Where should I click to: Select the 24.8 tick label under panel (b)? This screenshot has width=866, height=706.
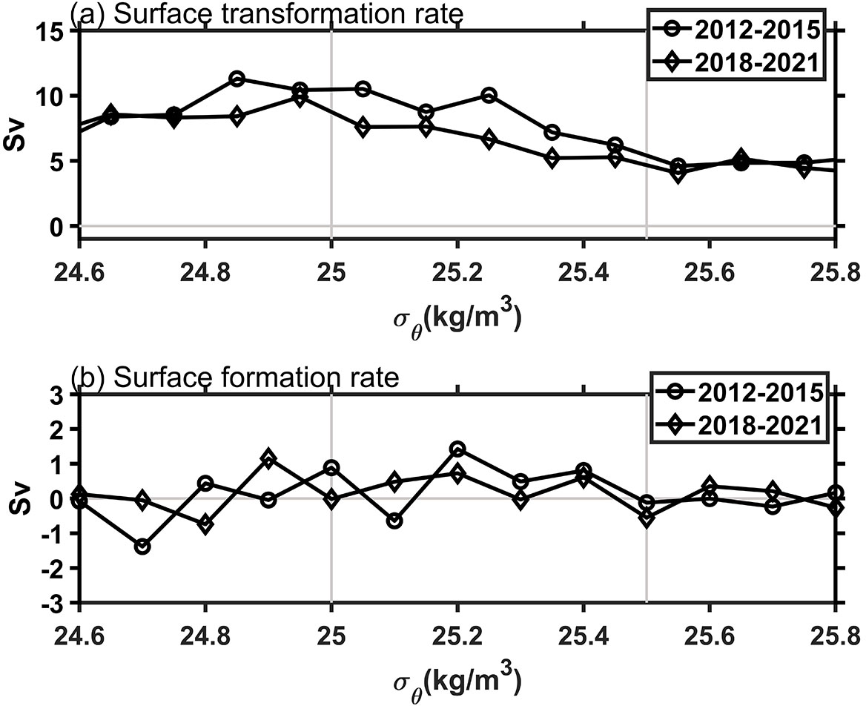coord(205,628)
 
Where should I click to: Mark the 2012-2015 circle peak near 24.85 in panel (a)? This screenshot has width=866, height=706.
coord(237,79)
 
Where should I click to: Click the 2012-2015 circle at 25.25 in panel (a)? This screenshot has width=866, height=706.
coord(489,95)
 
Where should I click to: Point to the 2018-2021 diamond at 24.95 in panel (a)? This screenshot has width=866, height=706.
coord(300,98)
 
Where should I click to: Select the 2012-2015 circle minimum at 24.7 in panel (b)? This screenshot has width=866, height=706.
coord(142,547)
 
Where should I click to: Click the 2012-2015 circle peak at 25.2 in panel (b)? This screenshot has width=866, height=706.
coord(457,449)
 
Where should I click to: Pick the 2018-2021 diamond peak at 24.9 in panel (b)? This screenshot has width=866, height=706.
coord(268,459)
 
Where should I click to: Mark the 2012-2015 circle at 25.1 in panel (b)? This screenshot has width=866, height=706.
coord(394,521)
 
